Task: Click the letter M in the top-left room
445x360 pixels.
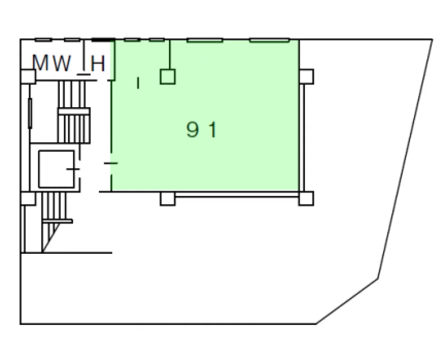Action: click(x=40, y=63)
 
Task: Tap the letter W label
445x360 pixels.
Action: click(x=62, y=63)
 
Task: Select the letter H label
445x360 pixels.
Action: click(x=98, y=63)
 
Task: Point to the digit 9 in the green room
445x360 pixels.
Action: click(x=192, y=129)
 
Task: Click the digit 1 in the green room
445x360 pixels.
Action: click(x=213, y=130)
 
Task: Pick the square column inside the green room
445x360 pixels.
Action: click(x=168, y=77)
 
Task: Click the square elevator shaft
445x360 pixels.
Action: click(x=56, y=169)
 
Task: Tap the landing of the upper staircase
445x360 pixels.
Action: click(x=74, y=111)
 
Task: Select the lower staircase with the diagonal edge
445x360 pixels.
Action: click(x=54, y=222)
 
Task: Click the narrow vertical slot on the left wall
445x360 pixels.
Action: click(x=30, y=113)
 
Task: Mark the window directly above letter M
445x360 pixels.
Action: click(x=44, y=40)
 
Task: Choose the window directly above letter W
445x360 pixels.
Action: click(x=72, y=40)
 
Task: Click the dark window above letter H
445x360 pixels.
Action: click(x=104, y=40)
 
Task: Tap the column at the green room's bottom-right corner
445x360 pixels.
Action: click(x=306, y=198)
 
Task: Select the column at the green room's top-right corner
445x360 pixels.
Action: click(x=306, y=76)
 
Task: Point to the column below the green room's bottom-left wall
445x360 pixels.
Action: click(x=168, y=199)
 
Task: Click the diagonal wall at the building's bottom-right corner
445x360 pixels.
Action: click(x=347, y=301)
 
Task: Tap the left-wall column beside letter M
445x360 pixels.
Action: click(x=28, y=76)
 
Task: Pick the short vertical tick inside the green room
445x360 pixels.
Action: click(x=138, y=83)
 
